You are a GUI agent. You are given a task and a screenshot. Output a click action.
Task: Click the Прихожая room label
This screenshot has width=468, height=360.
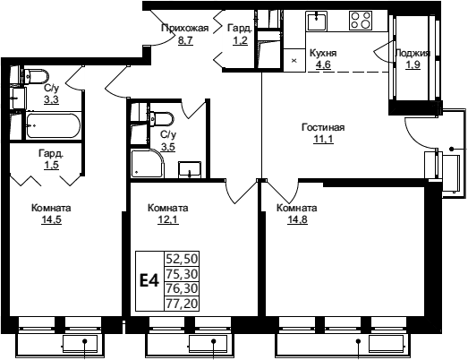point(184,28)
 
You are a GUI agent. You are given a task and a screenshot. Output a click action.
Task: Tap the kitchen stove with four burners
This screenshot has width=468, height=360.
point(361,21)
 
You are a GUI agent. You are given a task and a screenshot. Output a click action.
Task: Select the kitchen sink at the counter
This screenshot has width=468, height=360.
point(317,21)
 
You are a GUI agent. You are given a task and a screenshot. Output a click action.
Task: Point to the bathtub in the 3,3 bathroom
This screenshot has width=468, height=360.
point(53,125)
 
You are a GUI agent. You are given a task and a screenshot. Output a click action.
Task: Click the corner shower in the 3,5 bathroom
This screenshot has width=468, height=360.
point(148,163)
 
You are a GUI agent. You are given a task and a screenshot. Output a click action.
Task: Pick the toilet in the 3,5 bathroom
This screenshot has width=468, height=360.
point(160,119)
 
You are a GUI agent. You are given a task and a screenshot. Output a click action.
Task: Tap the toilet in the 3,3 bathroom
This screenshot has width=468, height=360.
point(35,76)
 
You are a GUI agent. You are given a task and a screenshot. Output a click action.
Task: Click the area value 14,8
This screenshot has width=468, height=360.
point(297,220)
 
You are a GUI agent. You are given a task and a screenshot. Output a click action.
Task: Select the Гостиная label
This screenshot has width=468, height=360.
point(323,127)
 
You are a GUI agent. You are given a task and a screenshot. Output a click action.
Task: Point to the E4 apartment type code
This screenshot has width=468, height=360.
point(149,281)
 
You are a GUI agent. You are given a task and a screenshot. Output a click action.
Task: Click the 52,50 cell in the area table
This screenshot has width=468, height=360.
point(182,259)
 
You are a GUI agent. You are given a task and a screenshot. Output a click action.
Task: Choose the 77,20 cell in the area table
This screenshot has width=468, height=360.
point(182,304)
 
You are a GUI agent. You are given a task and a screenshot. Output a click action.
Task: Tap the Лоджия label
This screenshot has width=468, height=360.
point(413,54)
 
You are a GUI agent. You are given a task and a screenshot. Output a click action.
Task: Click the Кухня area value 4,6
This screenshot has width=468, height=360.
point(324,64)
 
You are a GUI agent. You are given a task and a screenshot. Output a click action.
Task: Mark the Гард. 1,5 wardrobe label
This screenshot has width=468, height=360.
point(51,159)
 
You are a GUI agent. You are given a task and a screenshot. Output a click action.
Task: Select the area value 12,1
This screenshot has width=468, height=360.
point(167,220)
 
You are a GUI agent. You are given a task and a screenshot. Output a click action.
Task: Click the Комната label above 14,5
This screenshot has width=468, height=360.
point(51,208)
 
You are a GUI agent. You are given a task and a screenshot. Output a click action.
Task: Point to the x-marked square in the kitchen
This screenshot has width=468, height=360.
point(294,61)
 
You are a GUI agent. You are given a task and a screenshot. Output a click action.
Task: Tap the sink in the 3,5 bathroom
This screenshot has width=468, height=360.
point(190,169)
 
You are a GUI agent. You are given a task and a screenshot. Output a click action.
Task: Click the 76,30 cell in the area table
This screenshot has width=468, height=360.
point(182,288)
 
